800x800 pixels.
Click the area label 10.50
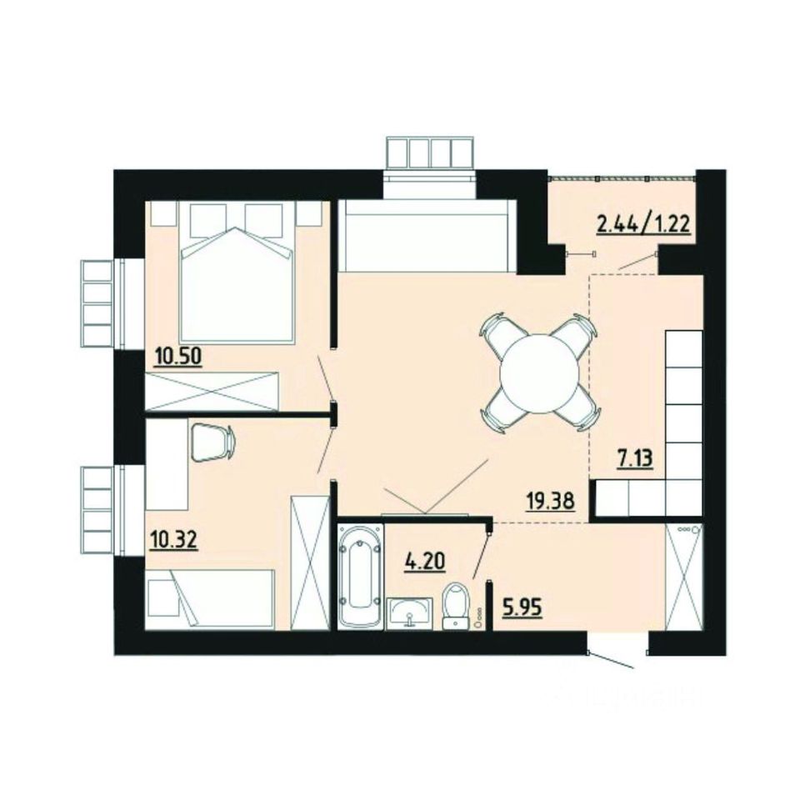[x=179, y=357]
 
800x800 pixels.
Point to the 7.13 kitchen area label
[x=635, y=458]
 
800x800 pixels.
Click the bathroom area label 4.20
[x=423, y=561]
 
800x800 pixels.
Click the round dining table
[x=539, y=372]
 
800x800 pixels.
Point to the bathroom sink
[x=409, y=612]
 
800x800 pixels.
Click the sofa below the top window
[x=427, y=238]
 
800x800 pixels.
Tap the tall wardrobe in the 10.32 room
[x=310, y=562]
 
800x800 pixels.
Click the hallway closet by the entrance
[x=685, y=577]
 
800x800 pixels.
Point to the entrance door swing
[x=612, y=660]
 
